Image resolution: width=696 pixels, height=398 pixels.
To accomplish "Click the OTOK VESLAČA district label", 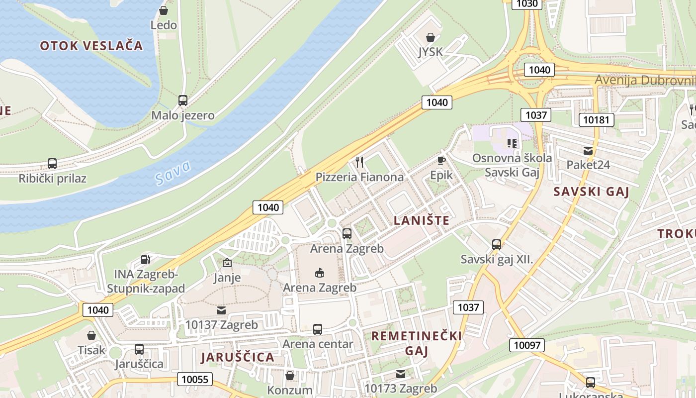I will [91, 46].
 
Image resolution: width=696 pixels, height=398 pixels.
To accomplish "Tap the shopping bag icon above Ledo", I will [164, 10].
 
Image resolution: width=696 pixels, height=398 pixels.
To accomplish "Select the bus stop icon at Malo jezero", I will [183, 100].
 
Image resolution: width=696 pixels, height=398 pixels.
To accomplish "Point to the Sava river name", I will [172, 173].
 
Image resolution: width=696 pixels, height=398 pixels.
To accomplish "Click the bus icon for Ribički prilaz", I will [52, 163].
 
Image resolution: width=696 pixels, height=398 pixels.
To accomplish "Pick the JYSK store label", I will [430, 52].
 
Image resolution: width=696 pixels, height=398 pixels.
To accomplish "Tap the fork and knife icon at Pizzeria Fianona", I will [360, 162].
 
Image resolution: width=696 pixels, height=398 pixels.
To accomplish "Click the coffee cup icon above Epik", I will [441, 160].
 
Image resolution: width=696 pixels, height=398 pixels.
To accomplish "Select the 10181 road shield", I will [596, 120].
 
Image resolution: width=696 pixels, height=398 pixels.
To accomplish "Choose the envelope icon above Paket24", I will [588, 151].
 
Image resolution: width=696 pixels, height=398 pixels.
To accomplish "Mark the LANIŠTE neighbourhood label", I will [422, 220].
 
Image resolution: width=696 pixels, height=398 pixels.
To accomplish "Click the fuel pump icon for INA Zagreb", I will [146, 259].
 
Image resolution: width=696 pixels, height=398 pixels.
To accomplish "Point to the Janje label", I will [227, 277].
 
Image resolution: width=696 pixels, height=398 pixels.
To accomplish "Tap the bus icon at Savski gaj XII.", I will [497, 244].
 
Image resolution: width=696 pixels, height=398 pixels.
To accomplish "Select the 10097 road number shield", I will [527, 345].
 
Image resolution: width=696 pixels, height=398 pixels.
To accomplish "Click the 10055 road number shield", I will [195, 379].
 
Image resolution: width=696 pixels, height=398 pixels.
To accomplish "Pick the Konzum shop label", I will [290, 390].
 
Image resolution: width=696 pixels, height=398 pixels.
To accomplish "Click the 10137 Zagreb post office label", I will [221, 325].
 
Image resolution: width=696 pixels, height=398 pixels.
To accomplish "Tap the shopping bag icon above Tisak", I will [91, 335].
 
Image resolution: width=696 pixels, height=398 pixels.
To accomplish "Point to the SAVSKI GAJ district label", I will [592, 192].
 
